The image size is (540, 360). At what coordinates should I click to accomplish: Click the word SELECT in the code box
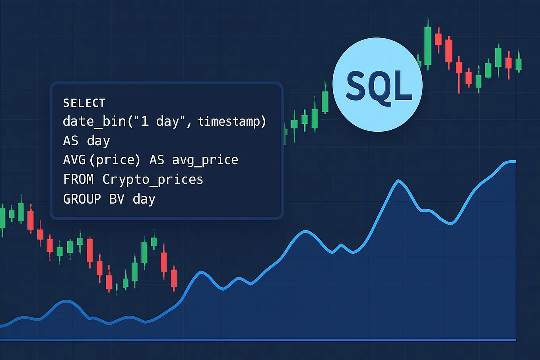(x=84, y=103)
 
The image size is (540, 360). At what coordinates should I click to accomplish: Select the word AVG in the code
(x=74, y=160)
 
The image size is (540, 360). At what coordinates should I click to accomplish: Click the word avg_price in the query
(x=205, y=160)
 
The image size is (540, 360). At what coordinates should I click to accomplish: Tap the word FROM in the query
(x=78, y=179)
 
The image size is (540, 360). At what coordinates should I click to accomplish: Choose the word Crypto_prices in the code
(x=153, y=179)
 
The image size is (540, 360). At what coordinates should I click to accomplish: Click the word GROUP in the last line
(x=82, y=198)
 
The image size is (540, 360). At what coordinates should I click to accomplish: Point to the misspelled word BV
(x=117, y=198)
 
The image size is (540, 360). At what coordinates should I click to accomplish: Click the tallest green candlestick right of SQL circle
(x=428, y=46)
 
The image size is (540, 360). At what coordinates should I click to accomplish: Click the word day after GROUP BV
(x=144, y=198)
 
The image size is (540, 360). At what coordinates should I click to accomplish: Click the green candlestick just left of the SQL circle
(x=325, y=101)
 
